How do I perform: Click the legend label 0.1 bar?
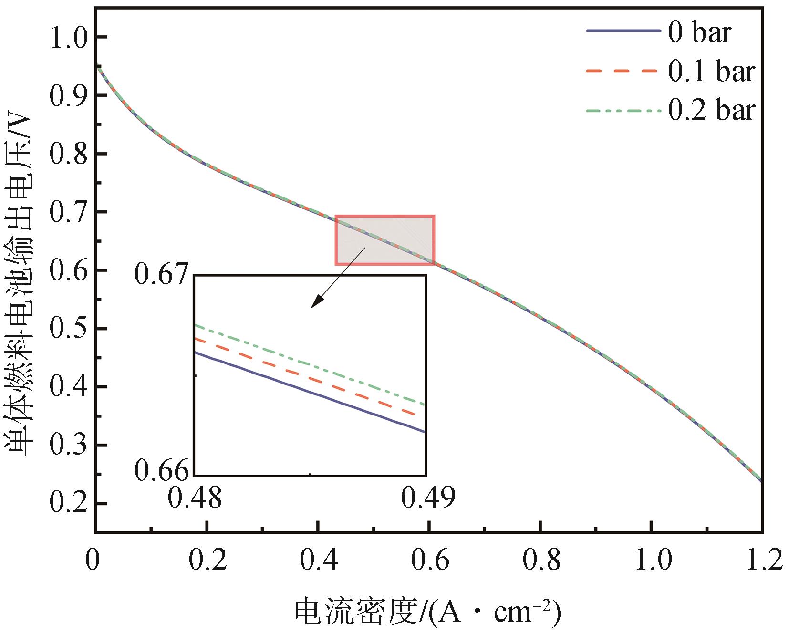click(x=711, y=72)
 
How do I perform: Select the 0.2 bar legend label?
click(x=711, y=110)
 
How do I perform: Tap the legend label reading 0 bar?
click(x=699, y=32)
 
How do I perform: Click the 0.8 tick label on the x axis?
click(x=541, y=560)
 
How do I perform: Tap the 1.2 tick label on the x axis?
click(x=762, y=560)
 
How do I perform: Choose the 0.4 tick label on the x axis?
click(x=319, y=560)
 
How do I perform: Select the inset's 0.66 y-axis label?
click(x=162, y=471)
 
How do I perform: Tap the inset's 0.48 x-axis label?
click(x=195, y=498)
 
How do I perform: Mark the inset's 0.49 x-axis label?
click(x=428, y=498)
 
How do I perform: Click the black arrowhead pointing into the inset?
click(x=316, y=303)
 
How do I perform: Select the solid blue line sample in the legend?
click(x=623, y=31)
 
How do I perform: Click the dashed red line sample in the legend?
click(x=623, y=71)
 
